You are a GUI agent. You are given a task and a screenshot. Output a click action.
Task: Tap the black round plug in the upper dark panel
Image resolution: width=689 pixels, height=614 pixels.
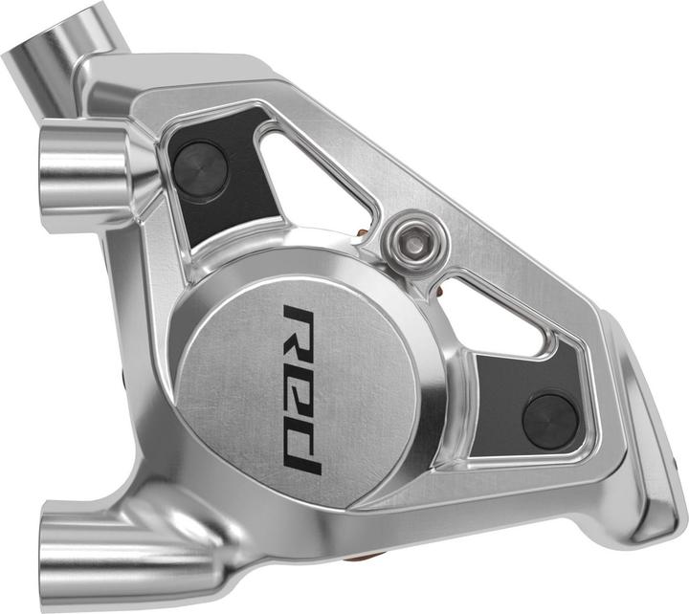pyautogui.click(x=199, y=163)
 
